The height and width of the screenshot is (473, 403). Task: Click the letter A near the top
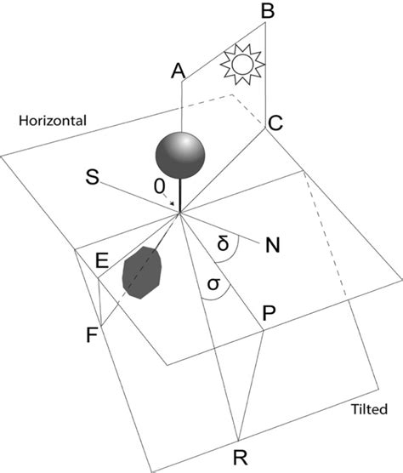click(178, 71)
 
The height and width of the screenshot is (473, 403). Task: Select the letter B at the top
click(266, 12)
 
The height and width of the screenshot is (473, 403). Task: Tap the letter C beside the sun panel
click(275, 123)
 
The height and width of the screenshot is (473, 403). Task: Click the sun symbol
click(238, 63)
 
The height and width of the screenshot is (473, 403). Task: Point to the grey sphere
click(180, 154)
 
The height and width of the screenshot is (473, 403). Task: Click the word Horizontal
click(52, 121)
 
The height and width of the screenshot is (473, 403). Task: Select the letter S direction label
click(92, 177)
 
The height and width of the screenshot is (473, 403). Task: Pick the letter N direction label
click(273, 246)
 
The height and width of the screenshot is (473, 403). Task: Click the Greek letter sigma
click(213, 285)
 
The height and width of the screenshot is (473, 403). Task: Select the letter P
click(270, 313)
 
